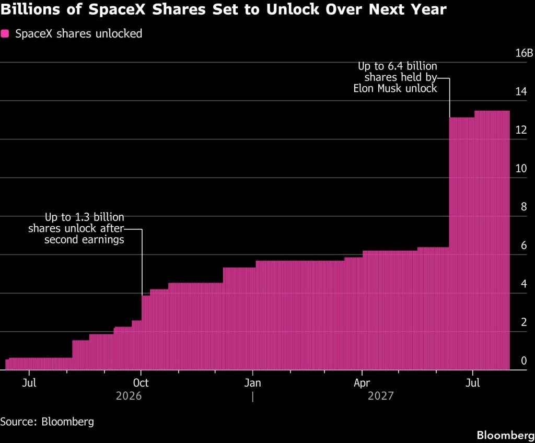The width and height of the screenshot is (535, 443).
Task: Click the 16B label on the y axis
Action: tap(524, 53)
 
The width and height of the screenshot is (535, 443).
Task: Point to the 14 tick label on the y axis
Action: tap(521, 91)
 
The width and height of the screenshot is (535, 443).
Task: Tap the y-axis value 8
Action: tap(524, 207)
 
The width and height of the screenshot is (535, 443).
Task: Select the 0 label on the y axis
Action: tap(524, 361)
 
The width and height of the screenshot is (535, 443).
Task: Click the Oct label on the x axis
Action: tap(141, 383)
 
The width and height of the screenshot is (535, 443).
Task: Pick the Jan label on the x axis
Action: tap(252, 383)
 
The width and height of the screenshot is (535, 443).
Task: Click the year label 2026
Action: tap(129, 396)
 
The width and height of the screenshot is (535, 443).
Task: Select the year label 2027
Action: tap(381, 396)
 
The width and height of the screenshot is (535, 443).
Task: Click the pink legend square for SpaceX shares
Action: tap(5, 33)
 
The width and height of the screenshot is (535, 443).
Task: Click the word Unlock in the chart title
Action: tap(293, 9)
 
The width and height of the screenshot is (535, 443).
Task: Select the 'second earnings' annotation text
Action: tap(84, 240)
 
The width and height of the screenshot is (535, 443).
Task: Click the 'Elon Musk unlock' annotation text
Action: tap(395, 89)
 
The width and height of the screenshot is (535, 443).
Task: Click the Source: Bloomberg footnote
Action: tap(47, 422)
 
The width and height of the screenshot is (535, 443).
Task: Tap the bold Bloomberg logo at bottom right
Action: tap(506, 435)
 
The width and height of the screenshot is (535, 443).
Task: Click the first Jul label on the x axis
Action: tap(29, 383)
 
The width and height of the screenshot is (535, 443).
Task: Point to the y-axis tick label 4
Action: tap(524, 284)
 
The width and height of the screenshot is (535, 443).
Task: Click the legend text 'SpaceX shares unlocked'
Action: tap(78, 34)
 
